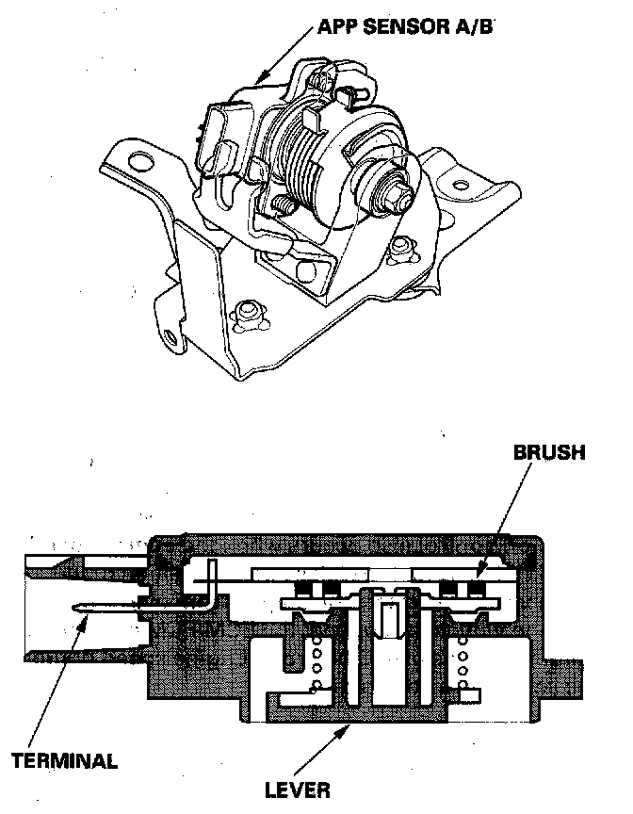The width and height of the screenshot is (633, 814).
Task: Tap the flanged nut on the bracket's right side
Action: point(402,249)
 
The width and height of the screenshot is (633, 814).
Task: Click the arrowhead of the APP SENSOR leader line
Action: point(261,77)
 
